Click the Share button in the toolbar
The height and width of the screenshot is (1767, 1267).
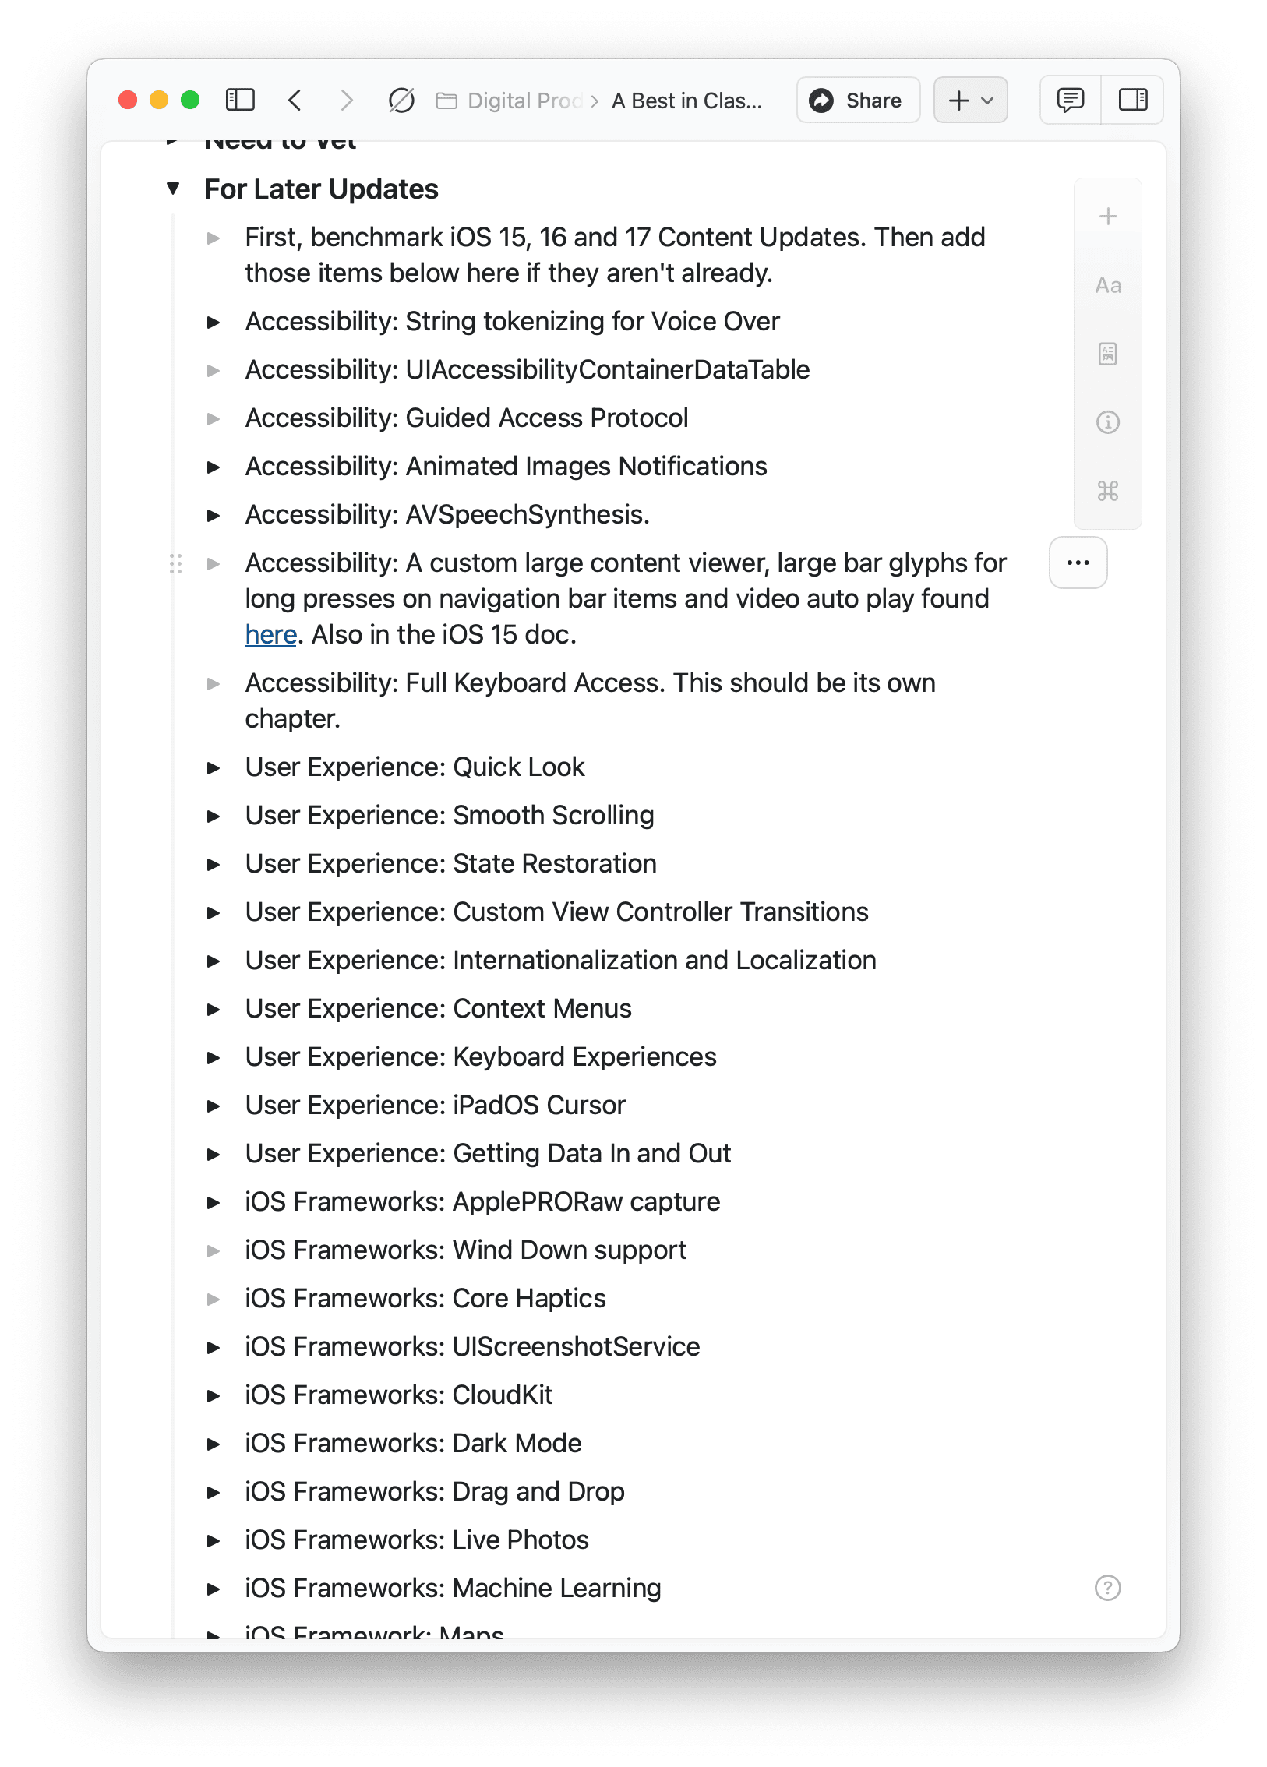tap(857, 101)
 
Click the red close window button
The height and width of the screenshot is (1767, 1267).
tap(128, 101)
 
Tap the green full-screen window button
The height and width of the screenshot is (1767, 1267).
tap(190, 101)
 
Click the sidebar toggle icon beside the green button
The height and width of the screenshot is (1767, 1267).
tap(240, 101)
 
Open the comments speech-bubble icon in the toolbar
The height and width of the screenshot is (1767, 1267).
tap(1070, 101)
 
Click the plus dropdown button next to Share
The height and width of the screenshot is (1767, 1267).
tap(970, 101)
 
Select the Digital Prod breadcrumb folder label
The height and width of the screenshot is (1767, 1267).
tap(524, 101)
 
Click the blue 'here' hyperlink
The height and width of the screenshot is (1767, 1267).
tap(270, 635)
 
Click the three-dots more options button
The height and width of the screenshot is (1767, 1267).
tap(1078, 563)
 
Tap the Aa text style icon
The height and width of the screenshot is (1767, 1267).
tap(1107, 286)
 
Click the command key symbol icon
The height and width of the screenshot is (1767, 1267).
tap(1107, 491)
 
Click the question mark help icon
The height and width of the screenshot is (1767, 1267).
tap(1107, 1588)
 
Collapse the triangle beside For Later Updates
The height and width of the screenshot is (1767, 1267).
tap(173, 189)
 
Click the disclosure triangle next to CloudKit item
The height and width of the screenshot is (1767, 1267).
tap(213, 1395)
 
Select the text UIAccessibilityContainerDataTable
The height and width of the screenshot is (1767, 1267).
tap(607, 370)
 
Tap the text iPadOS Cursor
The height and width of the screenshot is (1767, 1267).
tap(539, 1106)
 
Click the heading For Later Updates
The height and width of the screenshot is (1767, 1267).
tap(321, 189)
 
